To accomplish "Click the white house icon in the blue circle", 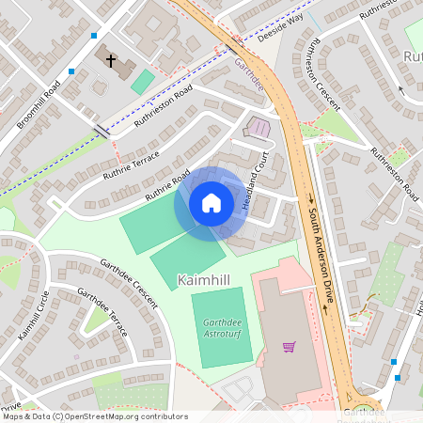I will (x=211, y=203).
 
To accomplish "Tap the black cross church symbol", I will (x=110, y=61).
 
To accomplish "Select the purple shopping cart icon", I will (x=289, y=347).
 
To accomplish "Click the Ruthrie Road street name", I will (x=167, y=185).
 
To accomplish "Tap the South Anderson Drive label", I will (x=320, y=241).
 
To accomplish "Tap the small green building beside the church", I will (x=143, y=81).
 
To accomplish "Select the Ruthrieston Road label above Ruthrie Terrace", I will (x=163, y=104).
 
